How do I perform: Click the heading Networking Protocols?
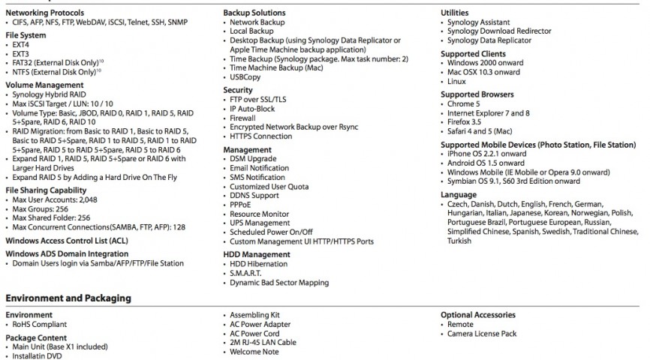[44, 13]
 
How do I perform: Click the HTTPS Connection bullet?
[261, 136]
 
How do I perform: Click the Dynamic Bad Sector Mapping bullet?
[280, 283]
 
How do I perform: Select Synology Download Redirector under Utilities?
[499, 31]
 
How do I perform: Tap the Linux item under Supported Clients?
[456, 81]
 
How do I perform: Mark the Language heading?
[458, 195]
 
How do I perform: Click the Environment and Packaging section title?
[68, 298]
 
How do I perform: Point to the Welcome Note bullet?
[254, 352]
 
